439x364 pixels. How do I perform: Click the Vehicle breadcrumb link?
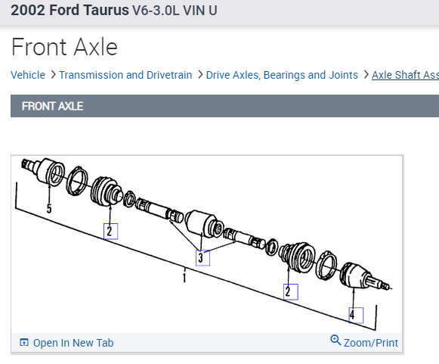click(28, 75)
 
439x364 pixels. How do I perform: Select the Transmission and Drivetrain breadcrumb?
click(125, 75)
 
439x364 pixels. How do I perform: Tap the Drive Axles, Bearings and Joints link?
click(282, 75)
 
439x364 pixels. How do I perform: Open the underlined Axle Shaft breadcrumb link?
click(405, 75)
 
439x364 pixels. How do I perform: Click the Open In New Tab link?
click(73, 343)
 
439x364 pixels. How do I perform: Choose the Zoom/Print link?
click(371, 343)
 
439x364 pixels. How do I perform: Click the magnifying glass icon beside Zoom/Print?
click(335, 341)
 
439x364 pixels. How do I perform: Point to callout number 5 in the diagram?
click(49, 208)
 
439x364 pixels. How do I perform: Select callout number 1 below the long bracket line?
click(184, 278)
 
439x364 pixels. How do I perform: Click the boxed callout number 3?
click(202, 258)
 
